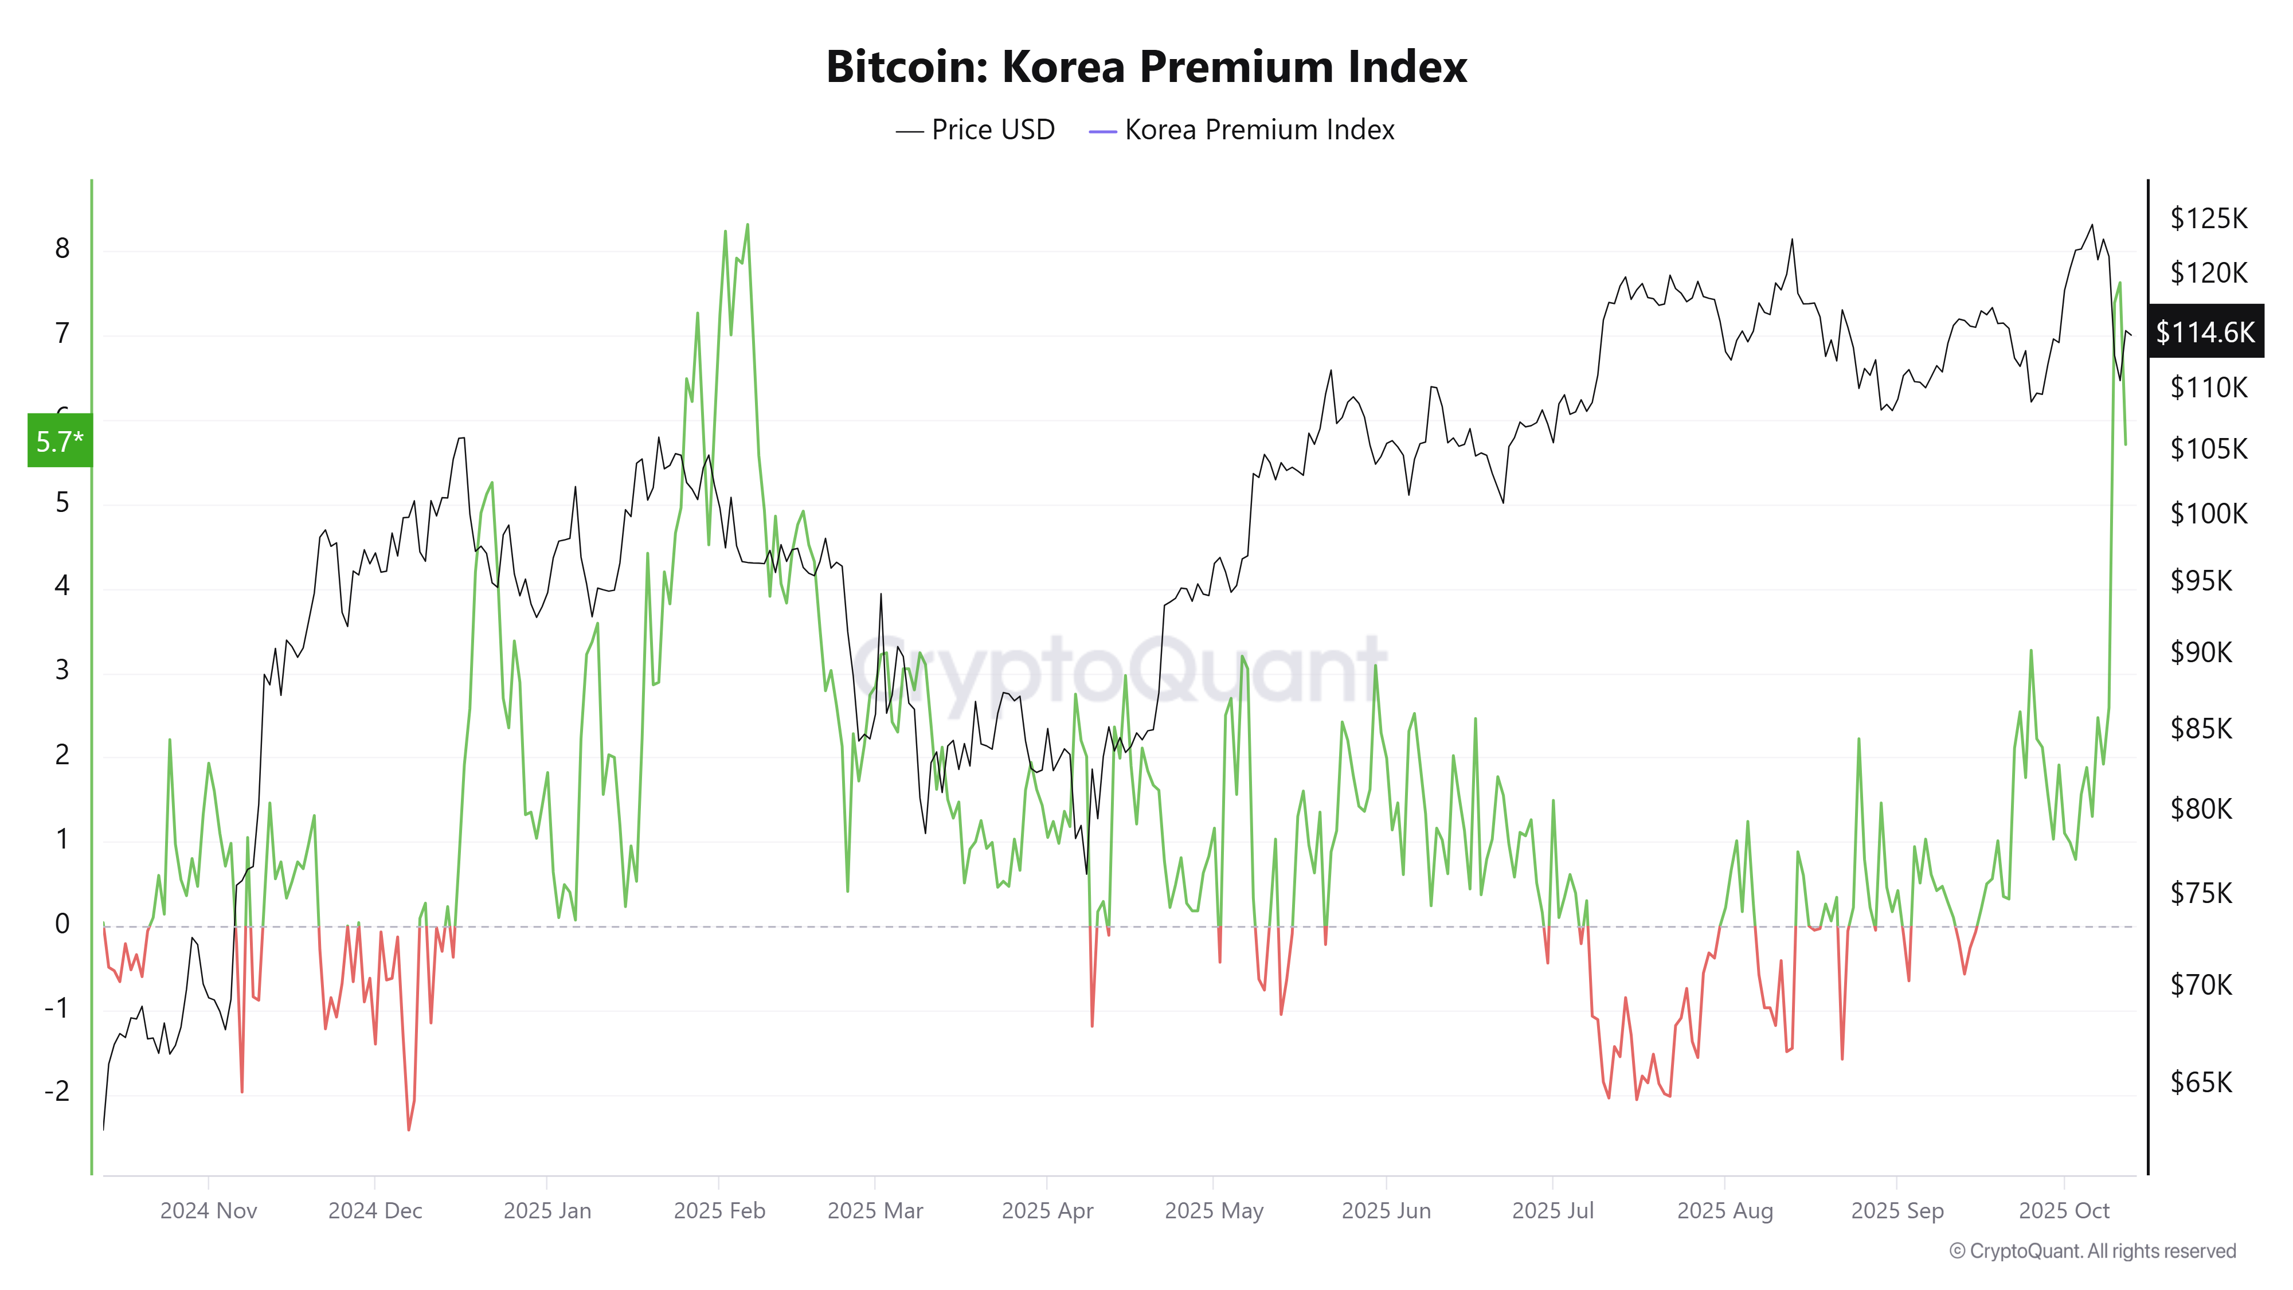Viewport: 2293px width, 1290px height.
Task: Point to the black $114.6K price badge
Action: point(2205,332)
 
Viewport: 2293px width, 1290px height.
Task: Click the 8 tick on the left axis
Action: point(62,248)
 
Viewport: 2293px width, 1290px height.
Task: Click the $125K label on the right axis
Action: point(2208,218)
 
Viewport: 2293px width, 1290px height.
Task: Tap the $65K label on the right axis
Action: point(2201,1082)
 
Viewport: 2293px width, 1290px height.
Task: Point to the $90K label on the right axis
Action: point(2201,652)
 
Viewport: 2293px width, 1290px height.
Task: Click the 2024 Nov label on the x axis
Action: point(208,1211)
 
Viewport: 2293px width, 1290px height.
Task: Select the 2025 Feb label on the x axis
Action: point(719,1211)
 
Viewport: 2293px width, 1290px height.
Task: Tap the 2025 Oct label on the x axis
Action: point(2063,1211)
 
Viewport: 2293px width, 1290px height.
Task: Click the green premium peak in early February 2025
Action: point(747,225)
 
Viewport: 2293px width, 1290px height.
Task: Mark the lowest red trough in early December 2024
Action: point(409,1129)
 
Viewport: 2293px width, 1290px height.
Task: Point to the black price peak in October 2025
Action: point(2092,225)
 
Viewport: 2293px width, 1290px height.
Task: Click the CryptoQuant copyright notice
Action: point(2092,1251)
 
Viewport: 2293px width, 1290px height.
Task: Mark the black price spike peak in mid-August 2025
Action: point(1792,240)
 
